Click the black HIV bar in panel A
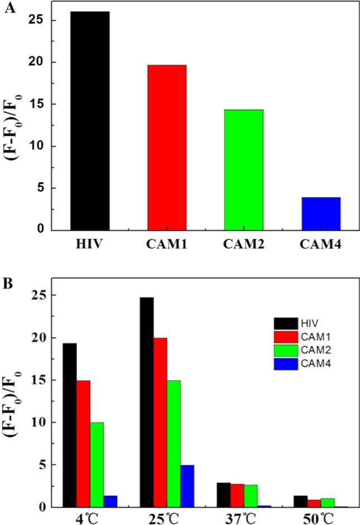[x=90, y=121]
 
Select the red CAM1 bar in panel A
[x=167, y=147]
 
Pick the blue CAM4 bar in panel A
[x=321, y=213]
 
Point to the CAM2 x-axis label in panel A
[x=244, y=245]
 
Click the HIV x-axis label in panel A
[x=90, y=245]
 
